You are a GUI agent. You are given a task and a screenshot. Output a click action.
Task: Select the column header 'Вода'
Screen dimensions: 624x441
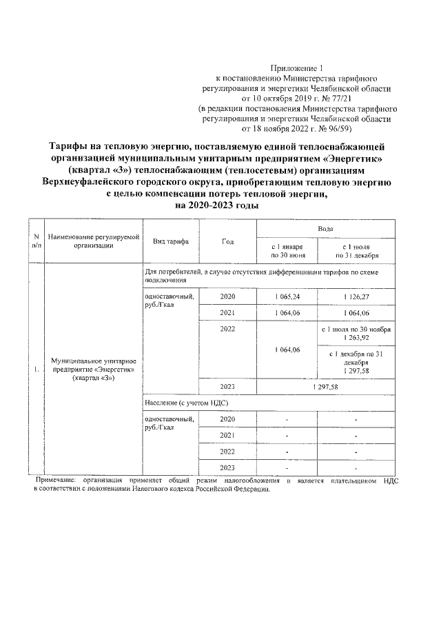[326, 228]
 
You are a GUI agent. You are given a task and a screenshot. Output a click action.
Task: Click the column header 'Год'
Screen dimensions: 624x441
[227, 241]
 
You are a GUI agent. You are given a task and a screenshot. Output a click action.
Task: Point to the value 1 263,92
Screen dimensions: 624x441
[356, 338]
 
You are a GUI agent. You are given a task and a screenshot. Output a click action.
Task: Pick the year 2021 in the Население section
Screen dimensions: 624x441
[227, 435]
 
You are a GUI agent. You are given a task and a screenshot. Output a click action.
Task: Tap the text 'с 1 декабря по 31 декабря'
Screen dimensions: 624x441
[356, 358]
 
